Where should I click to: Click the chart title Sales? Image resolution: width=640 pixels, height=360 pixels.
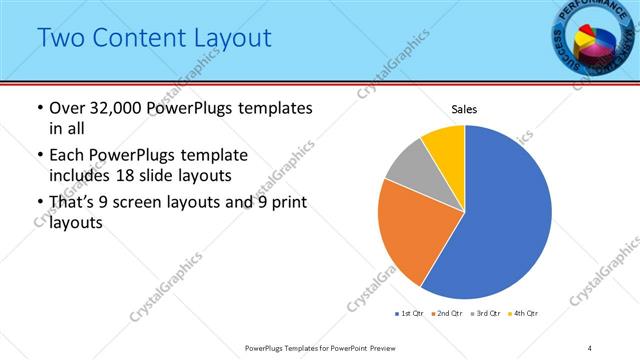tap(464, 108)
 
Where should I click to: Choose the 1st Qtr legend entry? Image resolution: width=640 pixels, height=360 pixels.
tap(411, 314)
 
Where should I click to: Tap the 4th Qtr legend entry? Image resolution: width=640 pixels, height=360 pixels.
tap(526, 314)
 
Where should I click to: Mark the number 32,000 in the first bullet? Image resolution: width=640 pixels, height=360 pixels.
tap(113, 108)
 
